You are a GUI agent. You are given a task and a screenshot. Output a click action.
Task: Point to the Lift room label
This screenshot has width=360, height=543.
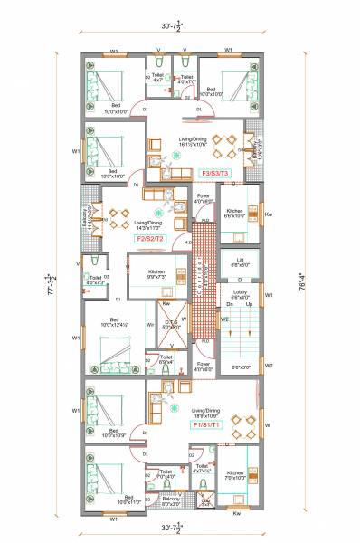[x=240, y=262]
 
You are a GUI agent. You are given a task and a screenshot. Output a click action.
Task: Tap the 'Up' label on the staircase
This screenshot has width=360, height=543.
[x=249, y=305]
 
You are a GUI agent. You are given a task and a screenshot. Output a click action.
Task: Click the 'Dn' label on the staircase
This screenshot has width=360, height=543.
[x=230, y=305]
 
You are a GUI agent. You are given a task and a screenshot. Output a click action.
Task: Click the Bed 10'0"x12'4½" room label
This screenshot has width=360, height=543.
[x=115, y=322]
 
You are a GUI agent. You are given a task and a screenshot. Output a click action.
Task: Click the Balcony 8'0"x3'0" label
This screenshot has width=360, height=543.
[x=171, y=500]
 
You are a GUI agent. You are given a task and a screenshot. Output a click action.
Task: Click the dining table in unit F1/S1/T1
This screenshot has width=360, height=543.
[x=235, y=422]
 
